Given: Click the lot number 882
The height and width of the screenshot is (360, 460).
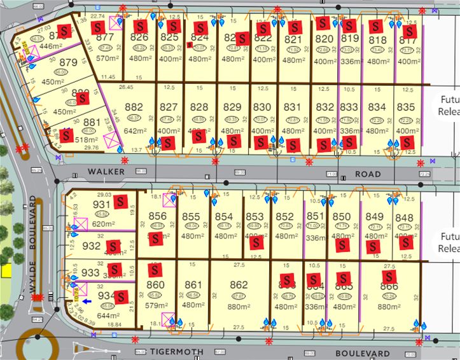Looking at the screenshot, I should pyautogui.click(x=134, y=107).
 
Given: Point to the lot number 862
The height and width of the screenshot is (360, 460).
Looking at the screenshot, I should pyautogui.click(x=239, y=285).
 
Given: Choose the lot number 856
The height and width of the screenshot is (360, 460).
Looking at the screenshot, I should pyautogui.click(x=157, y=216).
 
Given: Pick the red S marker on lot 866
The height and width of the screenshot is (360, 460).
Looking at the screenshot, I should pyautogui.click(x=387, y=277).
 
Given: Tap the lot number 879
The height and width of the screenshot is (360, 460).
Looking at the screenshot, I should pyautogui.click(x=68, y=62).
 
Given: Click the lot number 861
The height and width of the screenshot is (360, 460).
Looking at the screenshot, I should pyautogui.click(x=193, y=285).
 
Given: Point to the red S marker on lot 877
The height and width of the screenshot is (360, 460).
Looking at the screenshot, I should pyautogui.click(x=97, y=27).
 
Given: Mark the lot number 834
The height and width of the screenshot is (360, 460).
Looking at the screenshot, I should pyautogui.click(x=377, y=107).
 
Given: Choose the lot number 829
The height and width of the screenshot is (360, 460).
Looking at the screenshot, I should pyautogui.click(x=233, y=107).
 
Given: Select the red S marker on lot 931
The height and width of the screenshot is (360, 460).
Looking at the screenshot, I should pyautogui.click(x=120, y=201).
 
